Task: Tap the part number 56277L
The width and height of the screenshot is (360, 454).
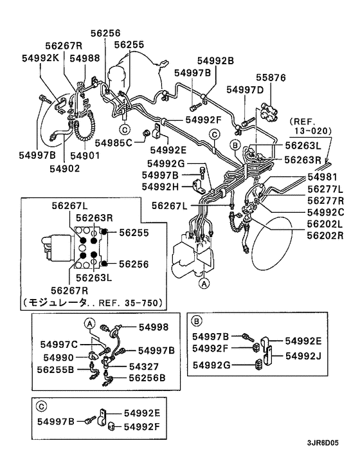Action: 325,188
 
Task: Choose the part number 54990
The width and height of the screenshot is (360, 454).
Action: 58,357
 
